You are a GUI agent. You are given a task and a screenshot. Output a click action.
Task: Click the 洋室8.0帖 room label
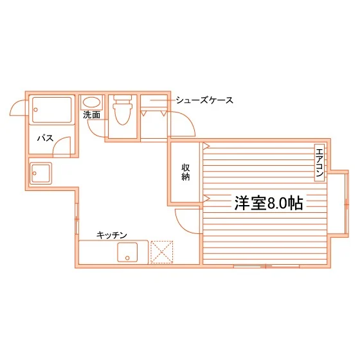269,203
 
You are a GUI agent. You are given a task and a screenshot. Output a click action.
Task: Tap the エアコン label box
319,163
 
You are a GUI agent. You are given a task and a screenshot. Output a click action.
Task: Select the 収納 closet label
186,172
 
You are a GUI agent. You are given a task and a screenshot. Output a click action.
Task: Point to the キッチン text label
112,235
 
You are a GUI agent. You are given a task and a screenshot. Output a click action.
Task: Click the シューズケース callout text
204,100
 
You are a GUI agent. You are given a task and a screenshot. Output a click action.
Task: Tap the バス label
46,138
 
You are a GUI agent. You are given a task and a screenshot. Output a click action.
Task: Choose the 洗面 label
91,115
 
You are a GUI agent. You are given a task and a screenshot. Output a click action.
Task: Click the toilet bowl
123,114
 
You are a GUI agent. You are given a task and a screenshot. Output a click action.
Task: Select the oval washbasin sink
91,102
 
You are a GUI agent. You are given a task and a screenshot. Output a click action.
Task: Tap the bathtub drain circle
35,110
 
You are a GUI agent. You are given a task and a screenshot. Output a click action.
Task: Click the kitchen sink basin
127,252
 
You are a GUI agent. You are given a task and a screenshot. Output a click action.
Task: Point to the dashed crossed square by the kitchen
161,252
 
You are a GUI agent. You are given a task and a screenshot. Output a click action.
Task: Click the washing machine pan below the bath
40,173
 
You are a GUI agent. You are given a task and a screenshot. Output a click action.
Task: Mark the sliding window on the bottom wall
266,266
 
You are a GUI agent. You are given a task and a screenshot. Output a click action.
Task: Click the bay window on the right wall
346,204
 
